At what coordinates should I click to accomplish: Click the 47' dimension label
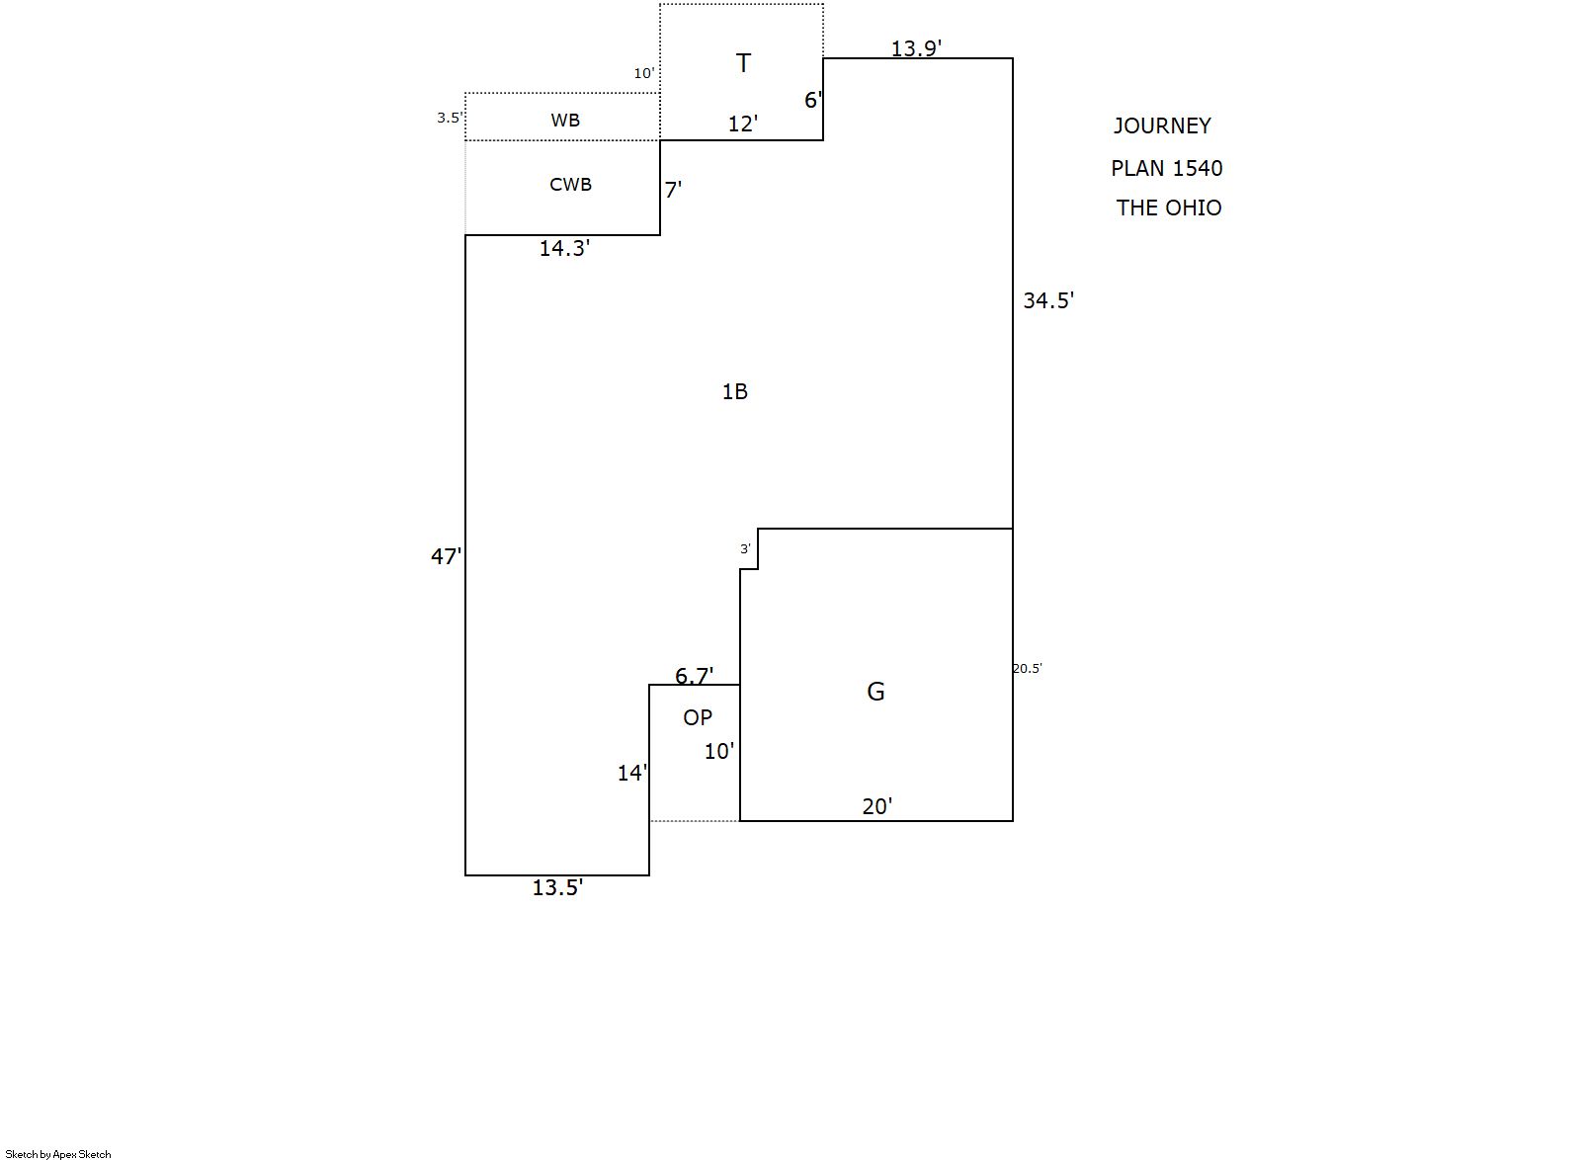pyautogui.click(x=446, y=557)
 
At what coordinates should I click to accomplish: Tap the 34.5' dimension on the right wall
pyautogui.click(x=1047, y=301)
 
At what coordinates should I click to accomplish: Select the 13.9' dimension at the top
pyautogui.click(x=916, y=48)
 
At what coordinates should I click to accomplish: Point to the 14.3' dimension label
pyautogui.click(x=564, y=249)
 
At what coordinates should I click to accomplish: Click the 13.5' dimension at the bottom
pyautogui.click(x=557, y=888)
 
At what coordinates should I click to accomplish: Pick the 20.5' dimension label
pyautogui.click(x=1027, y=669)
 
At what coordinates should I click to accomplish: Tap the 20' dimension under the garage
pyautogui.click(x=876, y=807)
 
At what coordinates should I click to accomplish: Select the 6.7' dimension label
pyautogui.click(x=694, y=676)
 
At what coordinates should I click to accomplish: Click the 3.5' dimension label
pyautogui.click(x=449, y=119)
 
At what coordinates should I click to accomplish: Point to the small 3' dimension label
pyautogui.click(x=745, y=549)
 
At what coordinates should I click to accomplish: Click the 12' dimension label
pyautogui.click(x=743, y=124)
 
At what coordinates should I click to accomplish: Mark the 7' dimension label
pyautogui.click(x=673, y=191)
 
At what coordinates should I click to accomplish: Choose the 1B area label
pyautogui.click(x=734, y=392)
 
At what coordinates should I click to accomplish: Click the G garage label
pyautogui.click(x=875, y=692)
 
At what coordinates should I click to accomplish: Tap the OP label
pyautogui.click(x=698, y=718)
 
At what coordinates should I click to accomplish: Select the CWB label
pyautogui.click(x=570, y=185)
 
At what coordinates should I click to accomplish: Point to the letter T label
pyautogui.click(x=743, y=64)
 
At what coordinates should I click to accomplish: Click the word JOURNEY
pyautogui.click(x=1162, y=126)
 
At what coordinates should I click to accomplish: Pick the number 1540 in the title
pyautogui.click(x=1197, y=169)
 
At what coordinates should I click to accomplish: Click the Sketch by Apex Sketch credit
pyautogui.click(x=58, y=1154)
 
